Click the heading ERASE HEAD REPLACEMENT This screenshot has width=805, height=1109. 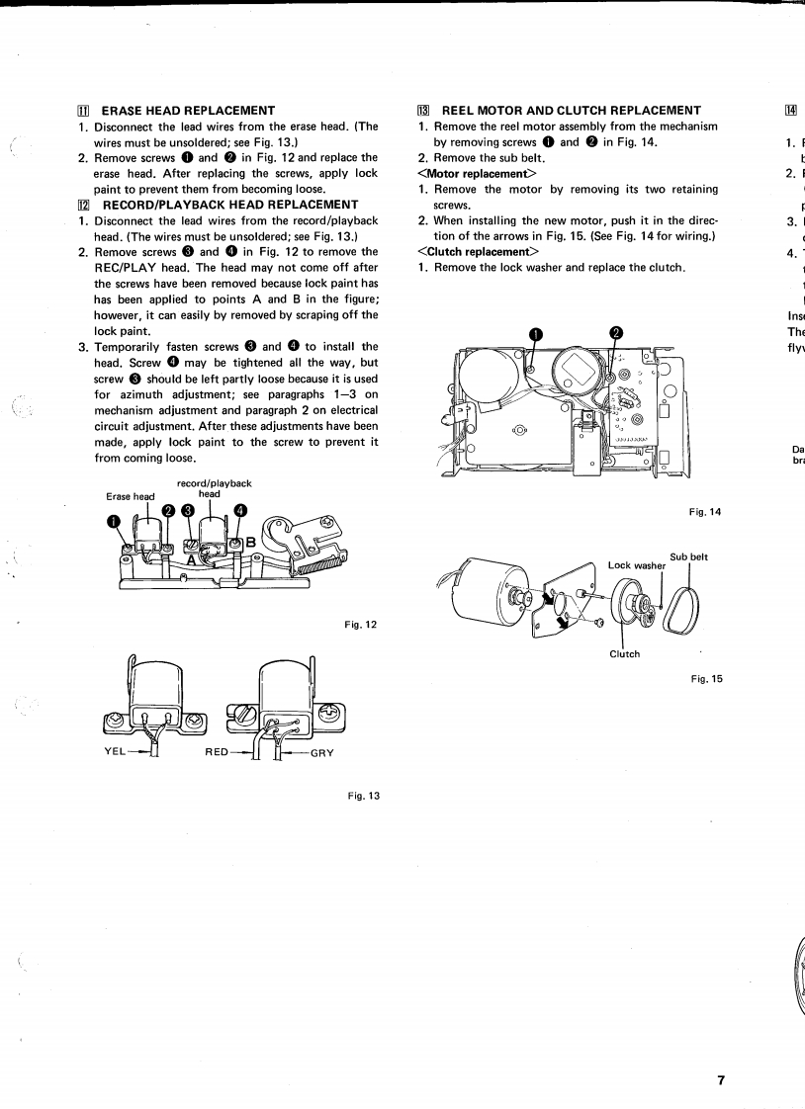[x=188, y=111]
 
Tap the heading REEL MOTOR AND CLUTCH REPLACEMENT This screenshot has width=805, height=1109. [x=571, y=111]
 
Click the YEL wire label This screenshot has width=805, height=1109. [x=118, y=751]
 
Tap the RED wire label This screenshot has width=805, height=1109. [x=218, y=752]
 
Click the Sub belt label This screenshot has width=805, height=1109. [x=688, y=557]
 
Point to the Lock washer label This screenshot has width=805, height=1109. [x=637, y=566]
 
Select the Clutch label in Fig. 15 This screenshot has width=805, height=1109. [x=625, y=654]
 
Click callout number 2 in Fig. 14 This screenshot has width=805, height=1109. [x=615, y=333]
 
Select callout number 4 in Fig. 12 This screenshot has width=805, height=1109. [x=240, y=510]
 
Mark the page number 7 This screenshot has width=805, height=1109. [x=722, y=1080]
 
